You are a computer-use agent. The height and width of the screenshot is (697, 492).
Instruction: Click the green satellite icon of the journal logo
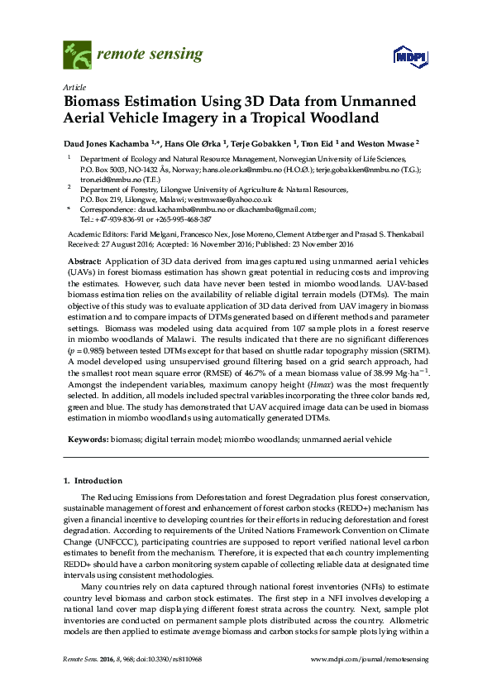click(x=78, y=55)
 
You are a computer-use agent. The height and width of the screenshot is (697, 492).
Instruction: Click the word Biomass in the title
click(x=93, y=102)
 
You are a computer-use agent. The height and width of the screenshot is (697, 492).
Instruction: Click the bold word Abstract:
click(x=85, y=261)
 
